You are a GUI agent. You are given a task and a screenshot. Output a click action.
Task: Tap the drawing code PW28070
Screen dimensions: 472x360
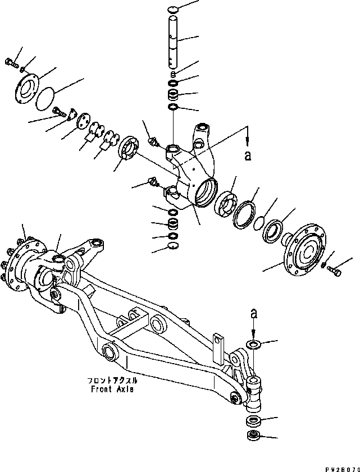coord(341,466)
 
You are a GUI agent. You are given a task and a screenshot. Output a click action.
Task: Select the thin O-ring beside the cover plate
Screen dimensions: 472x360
coord(43,98)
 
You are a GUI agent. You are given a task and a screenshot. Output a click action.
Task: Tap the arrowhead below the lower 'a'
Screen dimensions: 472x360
coord(253,332)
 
